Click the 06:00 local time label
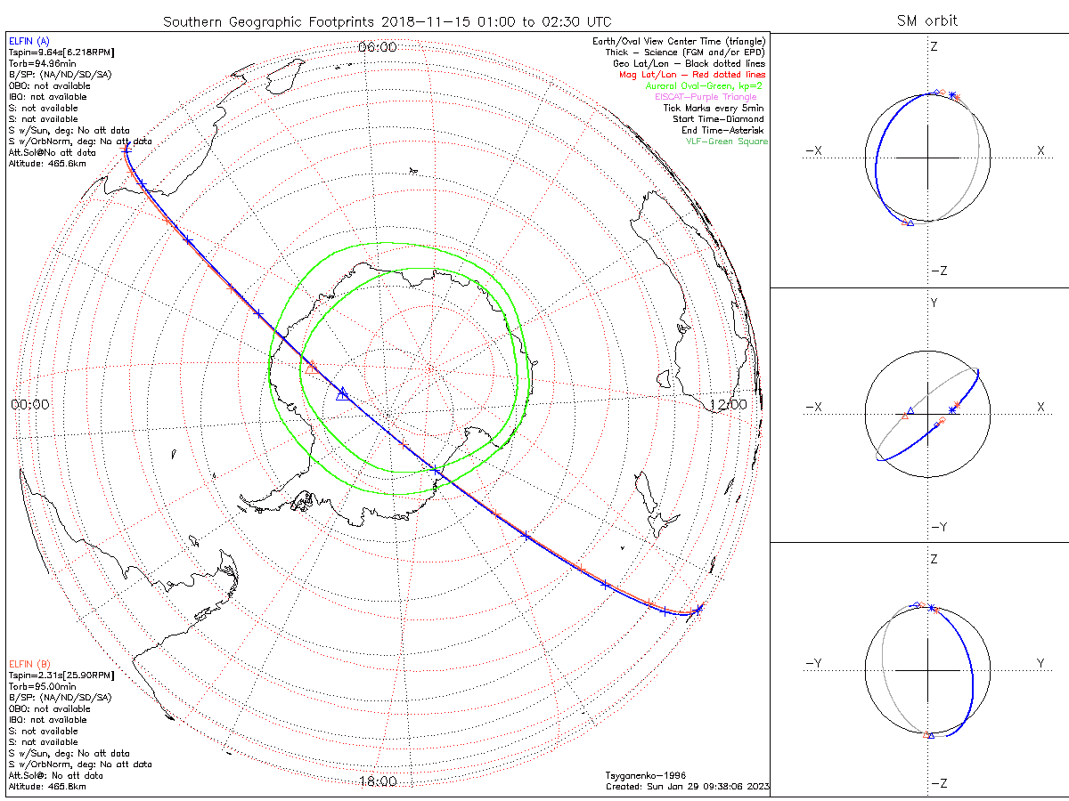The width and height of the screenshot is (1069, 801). point(377,47)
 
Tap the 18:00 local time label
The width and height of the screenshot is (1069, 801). point(377,781)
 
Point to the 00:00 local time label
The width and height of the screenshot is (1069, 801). point(29,404)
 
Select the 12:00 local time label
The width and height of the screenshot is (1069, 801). point(728,404)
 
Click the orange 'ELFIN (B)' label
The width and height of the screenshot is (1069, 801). point(29,664)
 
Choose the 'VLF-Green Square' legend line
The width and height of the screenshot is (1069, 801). point(726,142)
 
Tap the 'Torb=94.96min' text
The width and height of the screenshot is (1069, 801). point(40,64)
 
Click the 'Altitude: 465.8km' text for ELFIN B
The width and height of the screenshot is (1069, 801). point(47,787)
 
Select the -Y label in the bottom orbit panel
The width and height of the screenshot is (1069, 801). point(812,663)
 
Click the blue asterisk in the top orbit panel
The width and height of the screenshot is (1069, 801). point(952,95)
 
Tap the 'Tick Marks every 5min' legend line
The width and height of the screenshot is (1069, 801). point(720,109)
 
